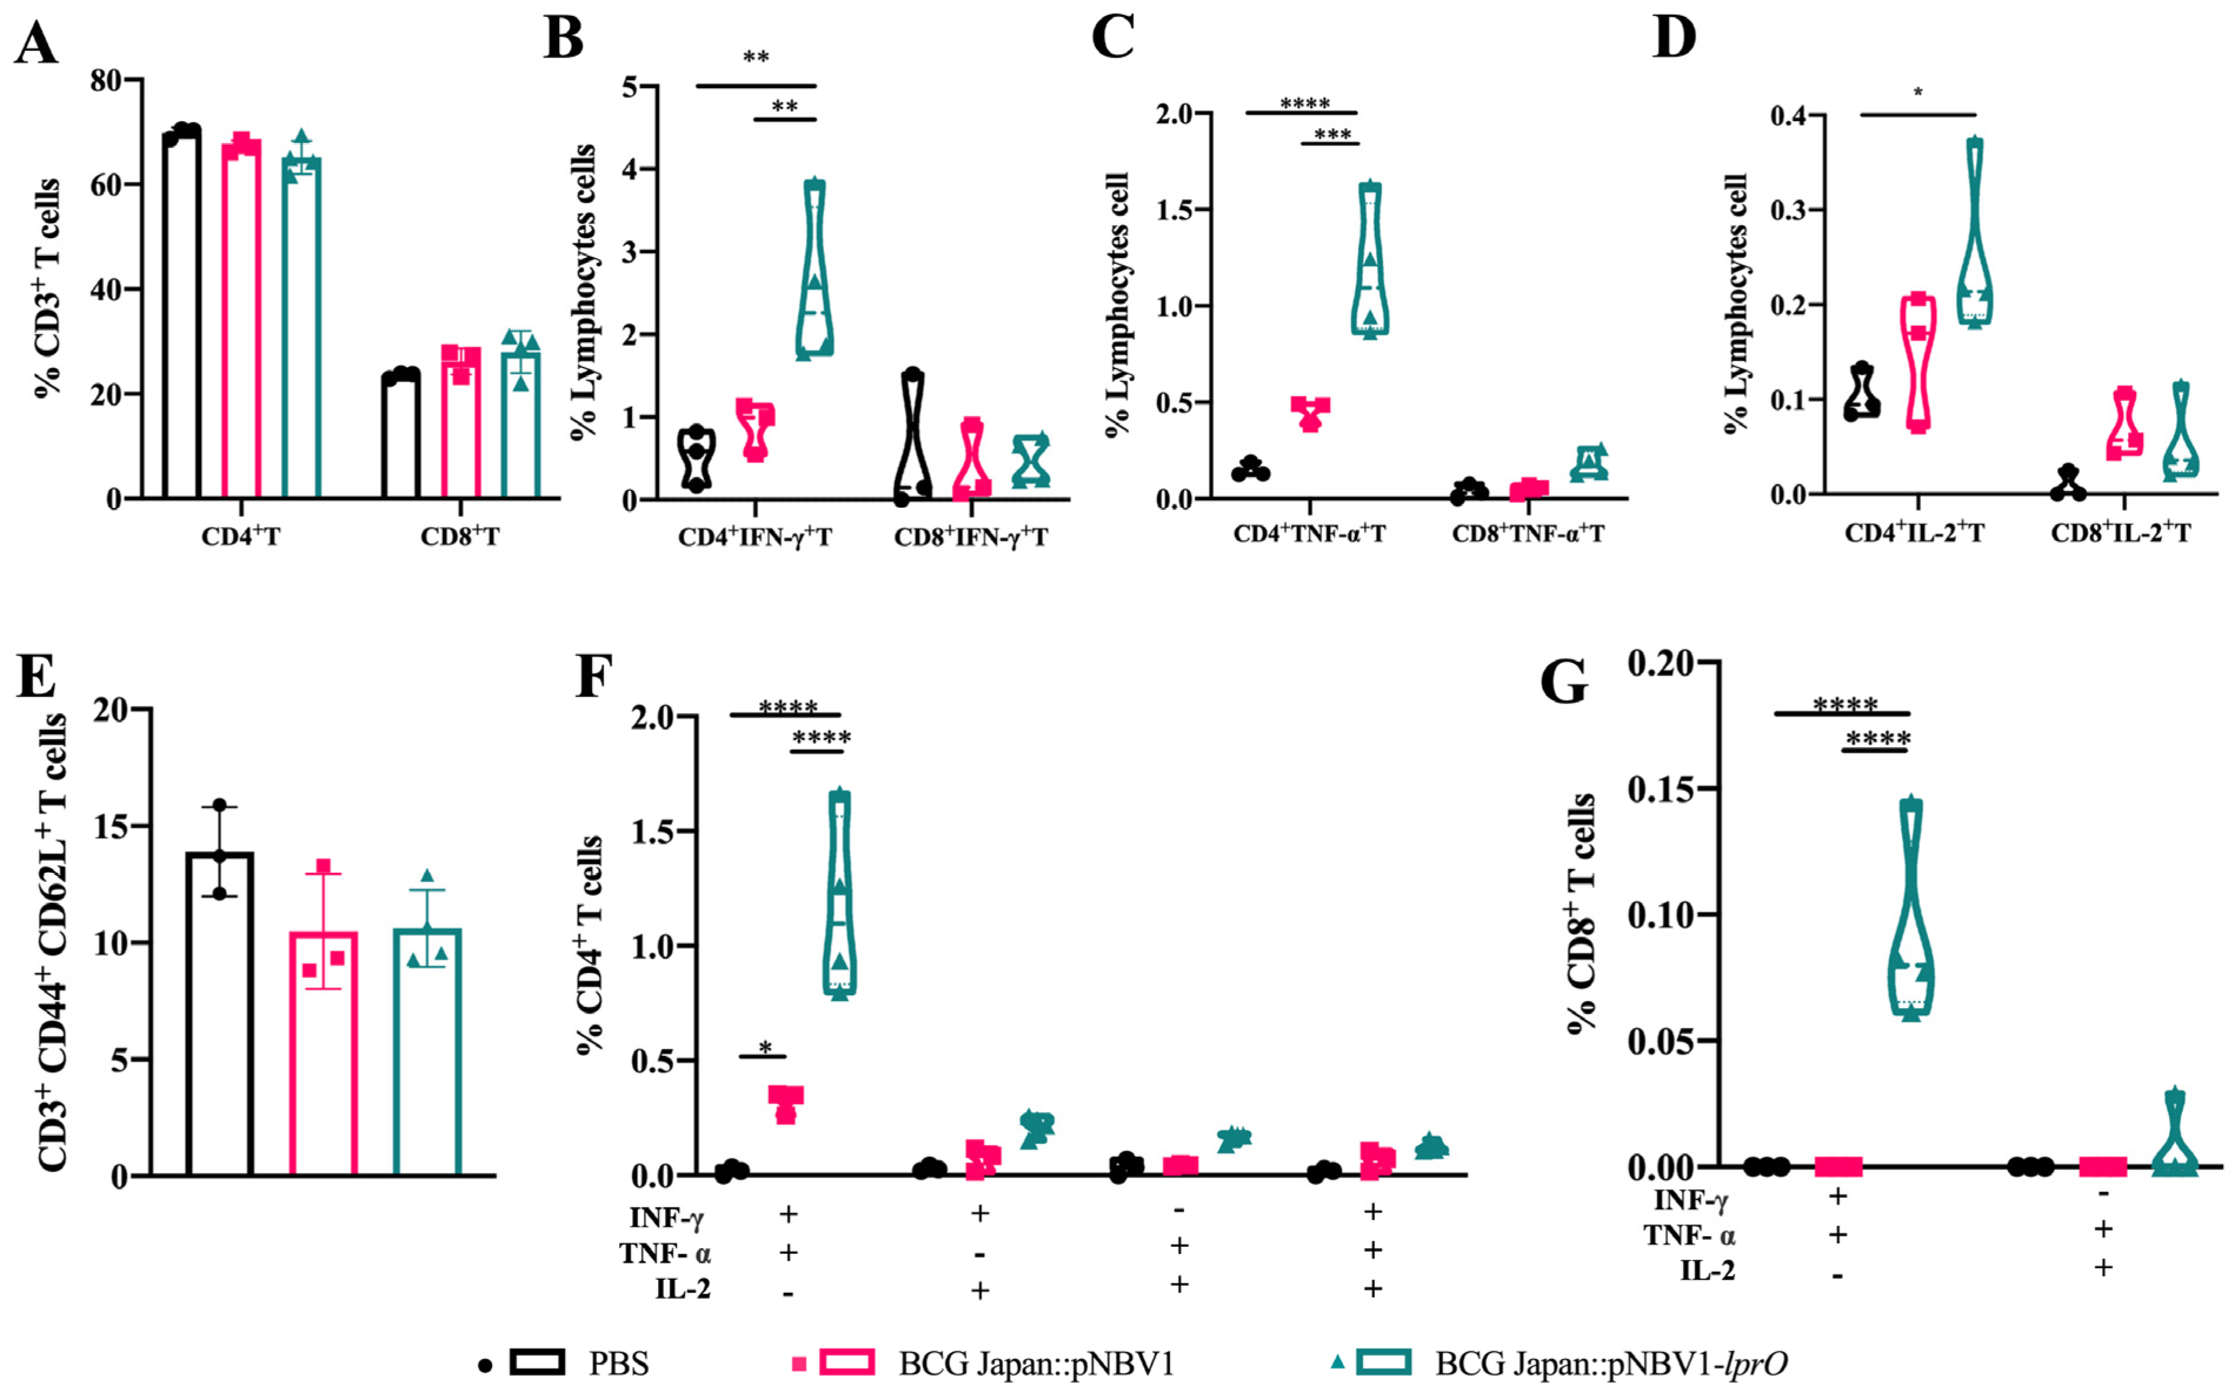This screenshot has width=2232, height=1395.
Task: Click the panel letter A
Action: coord(35,42)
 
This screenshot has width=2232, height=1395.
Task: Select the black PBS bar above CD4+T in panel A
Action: coord(182,314)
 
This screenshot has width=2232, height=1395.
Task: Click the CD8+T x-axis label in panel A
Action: coord(459,537)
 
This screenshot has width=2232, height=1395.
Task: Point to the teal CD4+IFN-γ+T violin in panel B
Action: coord(814,267)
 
